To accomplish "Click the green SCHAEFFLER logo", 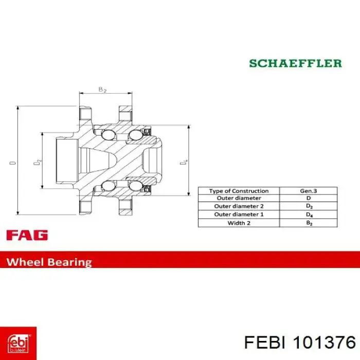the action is click(x=296, y=63).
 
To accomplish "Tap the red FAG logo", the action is click(x=27, y=235).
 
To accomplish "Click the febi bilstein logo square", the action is click(x=18, y=343).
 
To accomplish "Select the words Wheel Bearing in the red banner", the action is click(x=49, y=262).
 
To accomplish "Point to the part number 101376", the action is click(x=325, y=343).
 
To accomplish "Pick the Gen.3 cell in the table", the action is click(x=309, y=191).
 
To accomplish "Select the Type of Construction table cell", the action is click(x=239, y=191).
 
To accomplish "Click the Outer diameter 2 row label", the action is click(x=239, y=206).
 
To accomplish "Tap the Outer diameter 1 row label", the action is click(x=239, y=214).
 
